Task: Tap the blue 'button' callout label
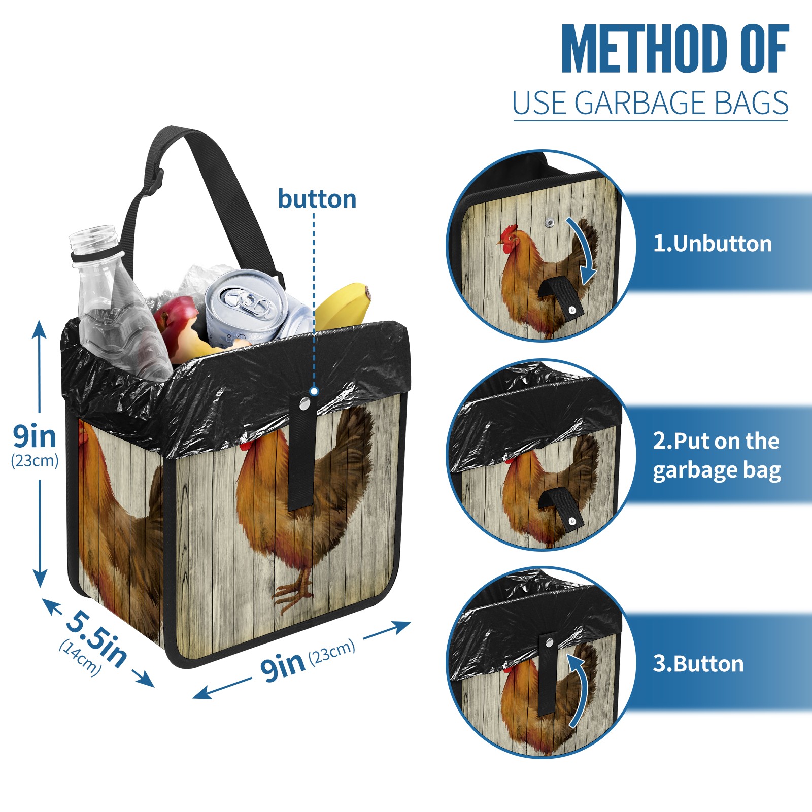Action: coord(317,199)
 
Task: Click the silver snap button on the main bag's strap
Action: coord(304,404)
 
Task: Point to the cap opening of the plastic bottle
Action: coord(93,237)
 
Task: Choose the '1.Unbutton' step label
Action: coord(712,244)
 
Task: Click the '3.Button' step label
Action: coord(698,664)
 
